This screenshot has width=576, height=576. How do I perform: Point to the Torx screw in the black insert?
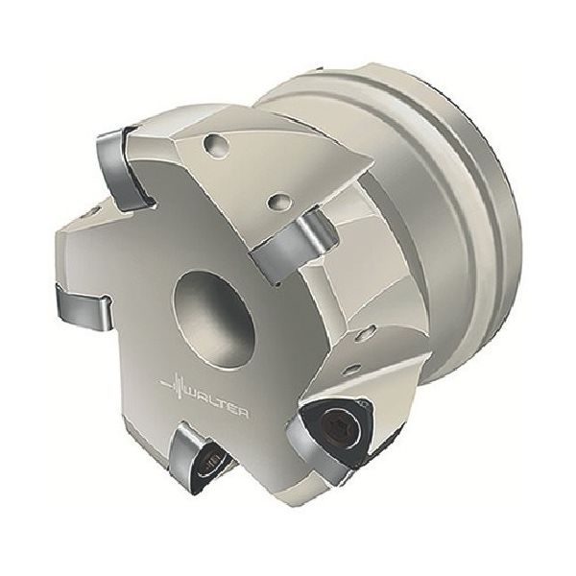(x=343, y=425)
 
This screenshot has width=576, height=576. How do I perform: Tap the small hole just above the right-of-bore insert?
(x=279, y=201)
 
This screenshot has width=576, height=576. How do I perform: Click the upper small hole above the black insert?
(x=370, y=331)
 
